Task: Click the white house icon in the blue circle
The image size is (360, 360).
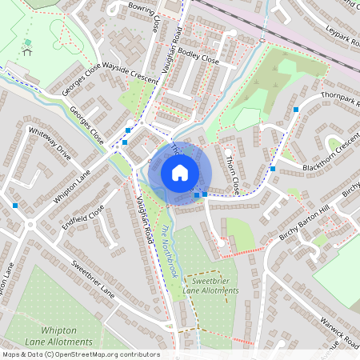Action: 179,173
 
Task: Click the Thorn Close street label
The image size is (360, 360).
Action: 232,173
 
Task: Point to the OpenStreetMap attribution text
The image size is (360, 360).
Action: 80,354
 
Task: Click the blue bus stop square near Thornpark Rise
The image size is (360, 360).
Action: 296,108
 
